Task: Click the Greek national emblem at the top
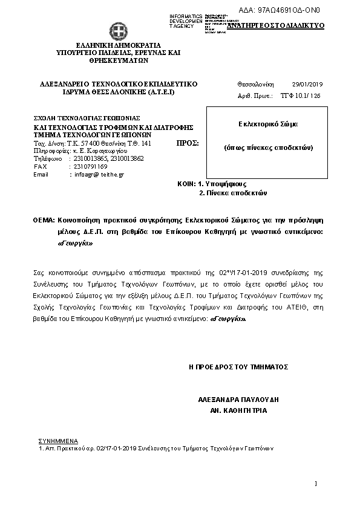tap(118, 31)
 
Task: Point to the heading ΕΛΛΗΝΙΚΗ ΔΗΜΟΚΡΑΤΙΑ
tap(119, 45)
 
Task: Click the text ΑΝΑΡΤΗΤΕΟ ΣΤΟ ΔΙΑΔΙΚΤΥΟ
tap(275, 25)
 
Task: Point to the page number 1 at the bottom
tap(316, 483)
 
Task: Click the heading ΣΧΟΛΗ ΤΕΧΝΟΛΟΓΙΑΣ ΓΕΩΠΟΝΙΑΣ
tap(87, 118)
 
